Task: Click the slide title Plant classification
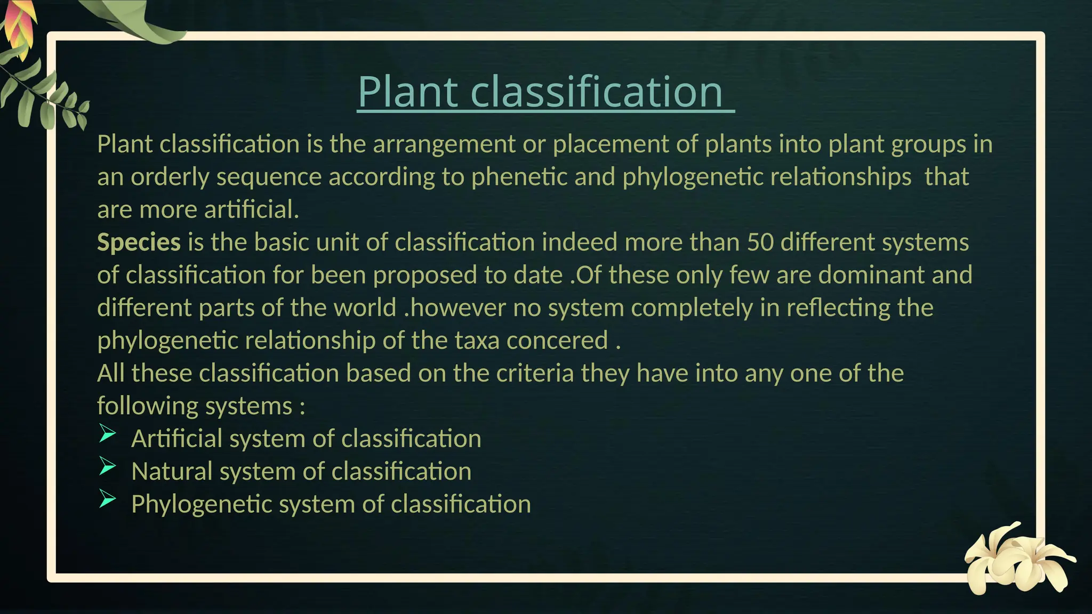[x=540, y=91]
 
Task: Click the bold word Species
[x=139, y=243]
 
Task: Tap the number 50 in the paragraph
[x=760, y=243]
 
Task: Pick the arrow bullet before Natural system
[x=107, y=466]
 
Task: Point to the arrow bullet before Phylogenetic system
[x=107, y=499]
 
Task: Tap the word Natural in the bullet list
[x=172, y=472]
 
